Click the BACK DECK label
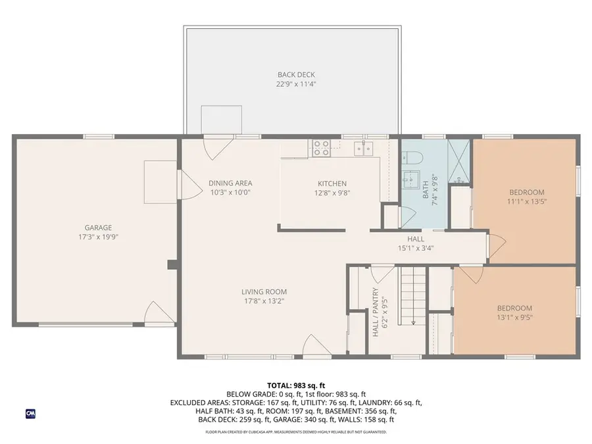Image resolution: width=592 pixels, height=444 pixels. pos(291,74)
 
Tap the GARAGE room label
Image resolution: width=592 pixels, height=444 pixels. pos(97,227)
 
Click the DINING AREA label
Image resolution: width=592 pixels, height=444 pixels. pos(230,184)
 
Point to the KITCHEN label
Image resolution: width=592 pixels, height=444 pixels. pos(332,184)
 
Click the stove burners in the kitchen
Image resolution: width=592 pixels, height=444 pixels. pos(321,148)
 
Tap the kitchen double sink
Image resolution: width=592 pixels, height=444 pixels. pos(363,148)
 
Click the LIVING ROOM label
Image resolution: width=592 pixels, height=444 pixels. pos(264,292)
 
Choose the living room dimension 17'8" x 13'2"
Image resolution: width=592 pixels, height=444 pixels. pos(264,301)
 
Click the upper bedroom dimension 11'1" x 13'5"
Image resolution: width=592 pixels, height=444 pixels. pos(526,202)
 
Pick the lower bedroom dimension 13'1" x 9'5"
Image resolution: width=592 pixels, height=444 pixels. pos(515,318)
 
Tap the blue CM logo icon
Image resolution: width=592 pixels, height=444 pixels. pos(30,413)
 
